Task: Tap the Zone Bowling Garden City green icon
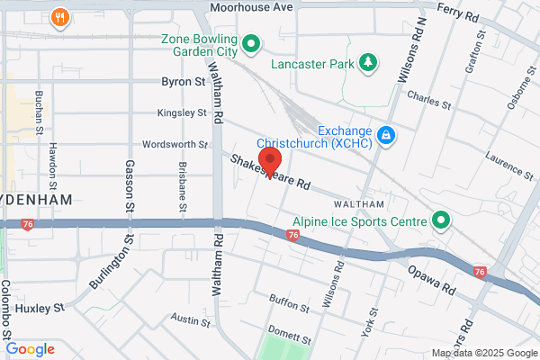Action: click(252, 41)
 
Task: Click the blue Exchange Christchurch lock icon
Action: click(385, 135)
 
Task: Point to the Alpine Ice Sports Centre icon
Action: click(441, 220)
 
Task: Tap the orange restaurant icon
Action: click(61, 16)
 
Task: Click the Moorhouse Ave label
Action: click(252, 7)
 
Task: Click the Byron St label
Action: click(183, 82)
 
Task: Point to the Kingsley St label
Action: click(183, 113)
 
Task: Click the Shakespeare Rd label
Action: click(270, 171)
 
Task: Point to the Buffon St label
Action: click(289, 300)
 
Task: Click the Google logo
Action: click(30, 349)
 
